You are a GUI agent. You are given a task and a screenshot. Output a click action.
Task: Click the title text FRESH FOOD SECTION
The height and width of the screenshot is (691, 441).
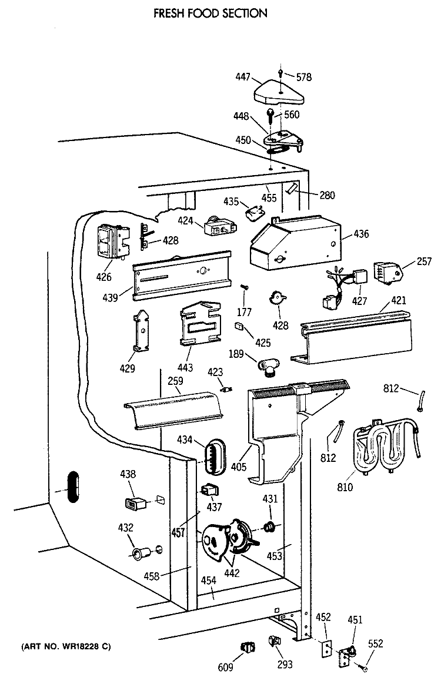tap(211, 13)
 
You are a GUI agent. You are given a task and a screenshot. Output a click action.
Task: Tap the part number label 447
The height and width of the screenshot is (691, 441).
tap(243, 76)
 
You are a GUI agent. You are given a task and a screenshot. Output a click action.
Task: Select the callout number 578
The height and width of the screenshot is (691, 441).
tap(304, 77)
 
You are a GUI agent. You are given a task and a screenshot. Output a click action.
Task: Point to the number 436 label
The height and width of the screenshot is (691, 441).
tap(361, 234)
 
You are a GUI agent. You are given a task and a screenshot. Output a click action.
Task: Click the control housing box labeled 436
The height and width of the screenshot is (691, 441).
tap(295, 243)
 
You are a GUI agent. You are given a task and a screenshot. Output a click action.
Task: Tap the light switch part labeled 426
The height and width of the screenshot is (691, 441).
tap(112, 241)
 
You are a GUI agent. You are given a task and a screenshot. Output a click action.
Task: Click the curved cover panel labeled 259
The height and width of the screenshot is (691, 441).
tap(174, 410)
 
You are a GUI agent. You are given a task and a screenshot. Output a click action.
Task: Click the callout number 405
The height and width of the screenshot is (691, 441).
tap(239, 467)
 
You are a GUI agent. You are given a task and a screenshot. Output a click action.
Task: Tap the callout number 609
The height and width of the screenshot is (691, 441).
tap(225, 667)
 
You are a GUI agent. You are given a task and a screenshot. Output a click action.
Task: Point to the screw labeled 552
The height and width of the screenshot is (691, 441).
tap(365, 669)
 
